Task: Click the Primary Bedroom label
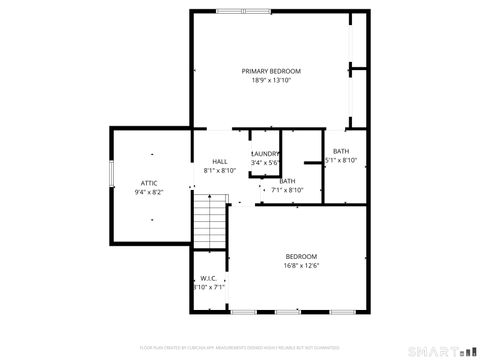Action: [x=270, y=71]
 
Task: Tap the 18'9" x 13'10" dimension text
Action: [x=270, y=81]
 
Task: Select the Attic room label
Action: [x=148, y=182]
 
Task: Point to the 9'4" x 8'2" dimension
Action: [x=148, y=192]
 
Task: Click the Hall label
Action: [x=219, y=161]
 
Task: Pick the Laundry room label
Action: [x=265, y=153]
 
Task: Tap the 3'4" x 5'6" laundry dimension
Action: [x=265, y=163]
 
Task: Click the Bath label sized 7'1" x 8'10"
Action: [x=288, y=181]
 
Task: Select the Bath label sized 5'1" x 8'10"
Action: [x=341, y=151]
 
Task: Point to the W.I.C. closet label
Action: [x=208, y=278]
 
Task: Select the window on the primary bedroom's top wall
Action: [x=242, y=11]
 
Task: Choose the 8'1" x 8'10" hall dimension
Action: [x=219, y=171]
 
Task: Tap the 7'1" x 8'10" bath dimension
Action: [x=288, y=190]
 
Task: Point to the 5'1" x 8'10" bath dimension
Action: [x=341, y=161]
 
